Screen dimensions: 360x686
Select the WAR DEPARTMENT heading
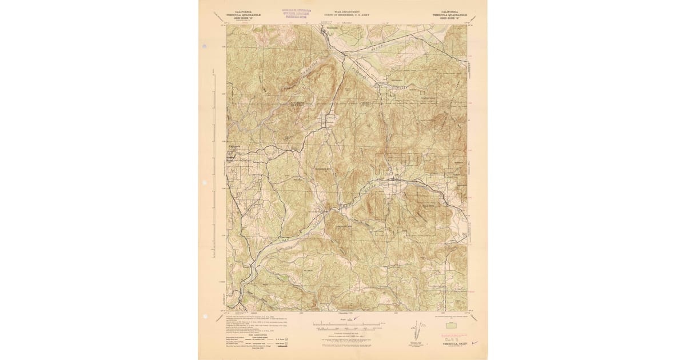pyautogui.click(x=342, y=10)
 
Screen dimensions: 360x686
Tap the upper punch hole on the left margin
pyautogui.click(x=204, y=183)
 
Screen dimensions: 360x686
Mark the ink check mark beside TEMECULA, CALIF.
pyautogui.click(x=474, y=342)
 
